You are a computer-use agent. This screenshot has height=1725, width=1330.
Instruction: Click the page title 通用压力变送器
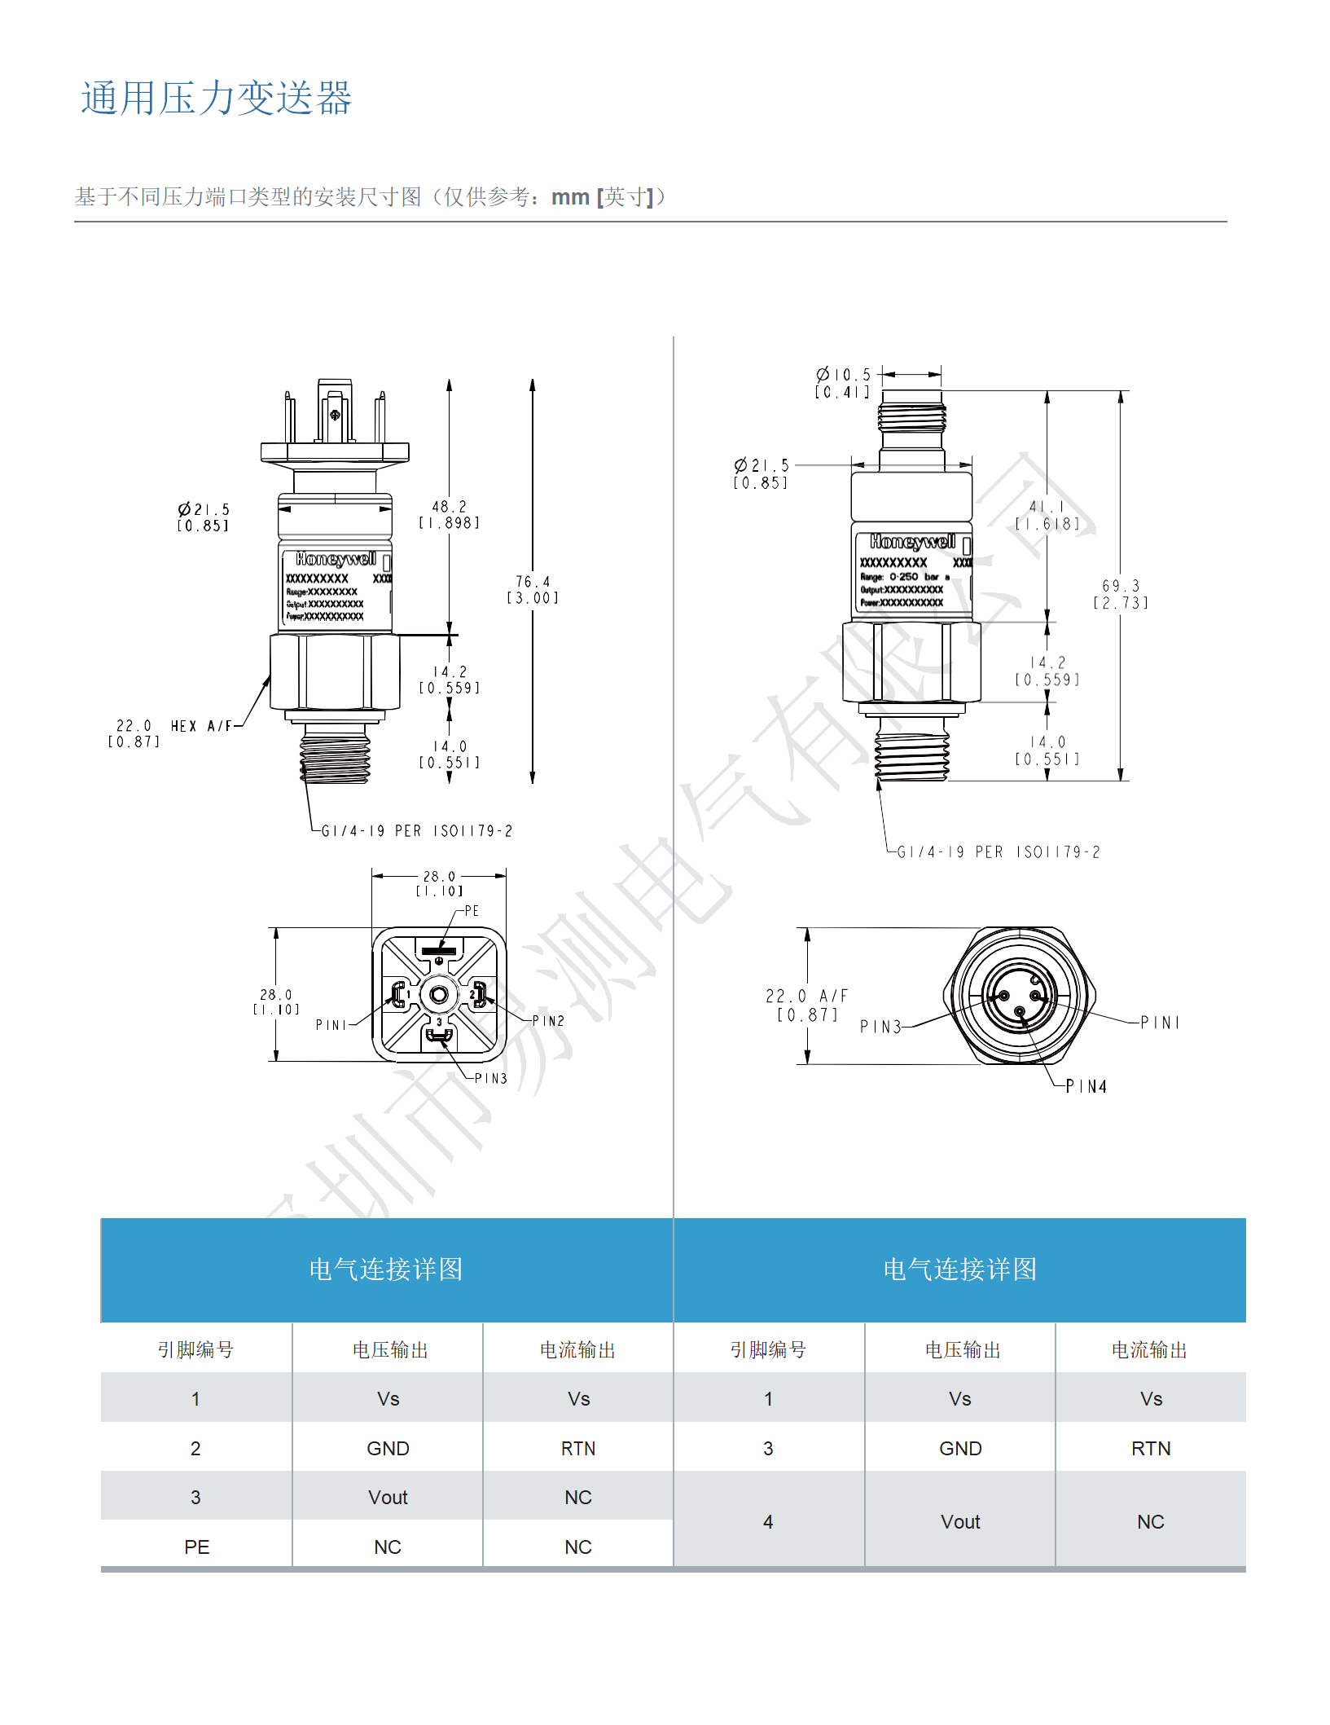pyautogui.click(x=216, y=98)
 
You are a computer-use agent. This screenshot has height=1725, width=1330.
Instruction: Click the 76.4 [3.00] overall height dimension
pyautogui.click(x=533, y=589)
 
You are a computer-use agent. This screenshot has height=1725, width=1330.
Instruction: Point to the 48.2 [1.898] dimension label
pyautogui.click(x=449, y=514)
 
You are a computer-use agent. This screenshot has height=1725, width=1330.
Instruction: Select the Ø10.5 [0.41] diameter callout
pyautogui.click(x=843, y=383)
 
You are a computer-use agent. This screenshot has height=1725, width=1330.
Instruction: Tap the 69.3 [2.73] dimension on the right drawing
pyautogui.click(x=1121, y=594)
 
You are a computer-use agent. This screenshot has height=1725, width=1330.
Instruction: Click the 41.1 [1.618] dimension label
pyautogui.click(x=1047, y=515)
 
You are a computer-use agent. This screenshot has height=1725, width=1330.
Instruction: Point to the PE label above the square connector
pyautogui.click(x=472, y=911)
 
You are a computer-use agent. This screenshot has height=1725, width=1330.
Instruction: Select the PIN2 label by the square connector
pyautogui.click(x=548, y=1021)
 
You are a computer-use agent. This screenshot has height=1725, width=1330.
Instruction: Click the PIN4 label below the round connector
pyautogui.click(x=1086, y=1086)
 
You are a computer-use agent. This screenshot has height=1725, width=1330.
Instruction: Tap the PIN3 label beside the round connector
pyautogui.click(x=880, y=1027)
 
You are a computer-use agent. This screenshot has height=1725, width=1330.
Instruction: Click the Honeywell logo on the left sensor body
pyautogui.click(x=336, y=559)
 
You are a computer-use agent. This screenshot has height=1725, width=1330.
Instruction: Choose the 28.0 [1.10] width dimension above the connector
pyautogui.click(x=439, y=883)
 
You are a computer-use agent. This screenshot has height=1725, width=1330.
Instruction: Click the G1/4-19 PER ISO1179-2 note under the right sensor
pyautogui.click(x=999, y=852)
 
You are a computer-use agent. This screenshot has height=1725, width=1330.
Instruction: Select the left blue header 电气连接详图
pyautogui.click(x=386, y=1269)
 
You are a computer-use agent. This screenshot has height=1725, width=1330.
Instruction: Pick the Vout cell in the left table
pyautogui.click(x=388, y=1497)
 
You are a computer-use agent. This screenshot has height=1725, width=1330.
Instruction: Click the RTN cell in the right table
pyautogui.click(x=1150, y=1448)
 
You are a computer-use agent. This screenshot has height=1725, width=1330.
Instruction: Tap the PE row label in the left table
pyautogui.click(x=196, y=1547)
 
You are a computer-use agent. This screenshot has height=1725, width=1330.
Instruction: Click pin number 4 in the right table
pyautogui.click(x=768, y=1521)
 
